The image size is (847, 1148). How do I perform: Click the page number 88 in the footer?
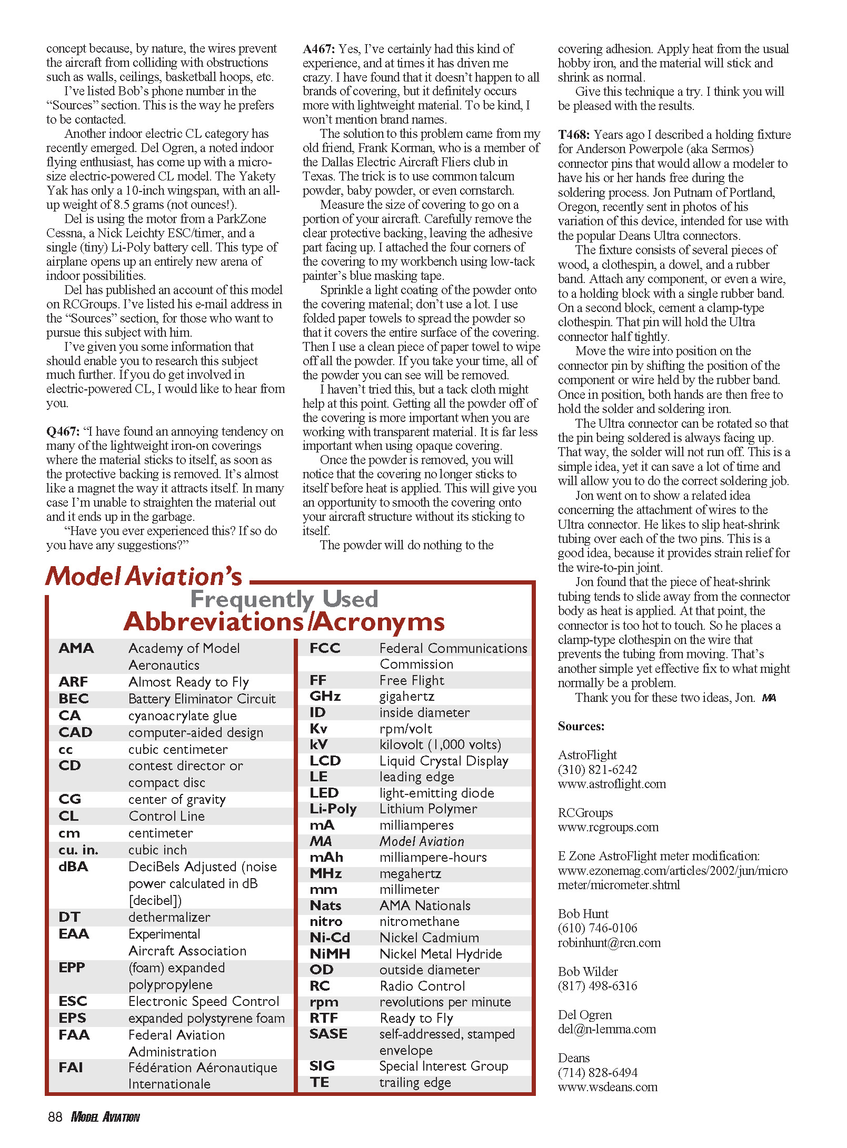pyautogui.click(x=55, y=1117)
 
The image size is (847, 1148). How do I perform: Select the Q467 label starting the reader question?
pyautogui.click(x=63, y=432)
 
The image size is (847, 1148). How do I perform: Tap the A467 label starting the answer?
pyautogui.click(x=319, y=49)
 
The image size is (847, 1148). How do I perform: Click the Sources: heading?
pyautogui.click(x=581, y=727)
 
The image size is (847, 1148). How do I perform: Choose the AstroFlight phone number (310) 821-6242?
pyautogui.click(x=597, y=770)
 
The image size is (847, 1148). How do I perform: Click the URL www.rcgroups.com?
pyautogui.click(x=608, y=827)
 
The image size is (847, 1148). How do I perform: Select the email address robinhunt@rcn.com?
pyautogui.click(x=609, y=943)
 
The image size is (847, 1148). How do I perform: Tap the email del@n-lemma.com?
pyautogui.click(x=607, y=1029)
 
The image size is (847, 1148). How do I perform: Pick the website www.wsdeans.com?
pyautogui.click(x=608, y=1087)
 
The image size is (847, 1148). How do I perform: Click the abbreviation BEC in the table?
pyautogui.click(x=74, y=699)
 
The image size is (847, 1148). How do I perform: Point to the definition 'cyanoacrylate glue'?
pyautogui.click(x=182, y=716)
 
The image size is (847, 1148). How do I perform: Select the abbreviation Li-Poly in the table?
pyautogui.click(x=333, y=809)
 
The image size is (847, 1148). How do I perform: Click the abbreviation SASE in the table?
pyautogui.click(x=328, y=1034)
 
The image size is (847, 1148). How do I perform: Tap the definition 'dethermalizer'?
pyautogui.click(x=169, y=918)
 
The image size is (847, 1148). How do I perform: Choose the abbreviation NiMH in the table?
pyautogui.click(x=330, y=954)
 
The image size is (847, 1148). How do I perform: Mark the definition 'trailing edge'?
pyautogui.click(x=415, y=1083)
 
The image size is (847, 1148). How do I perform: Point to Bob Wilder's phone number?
pyautogui.click(x=597, y=986)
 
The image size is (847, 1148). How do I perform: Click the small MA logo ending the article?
pyautogui.click(x=769, y=698)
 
